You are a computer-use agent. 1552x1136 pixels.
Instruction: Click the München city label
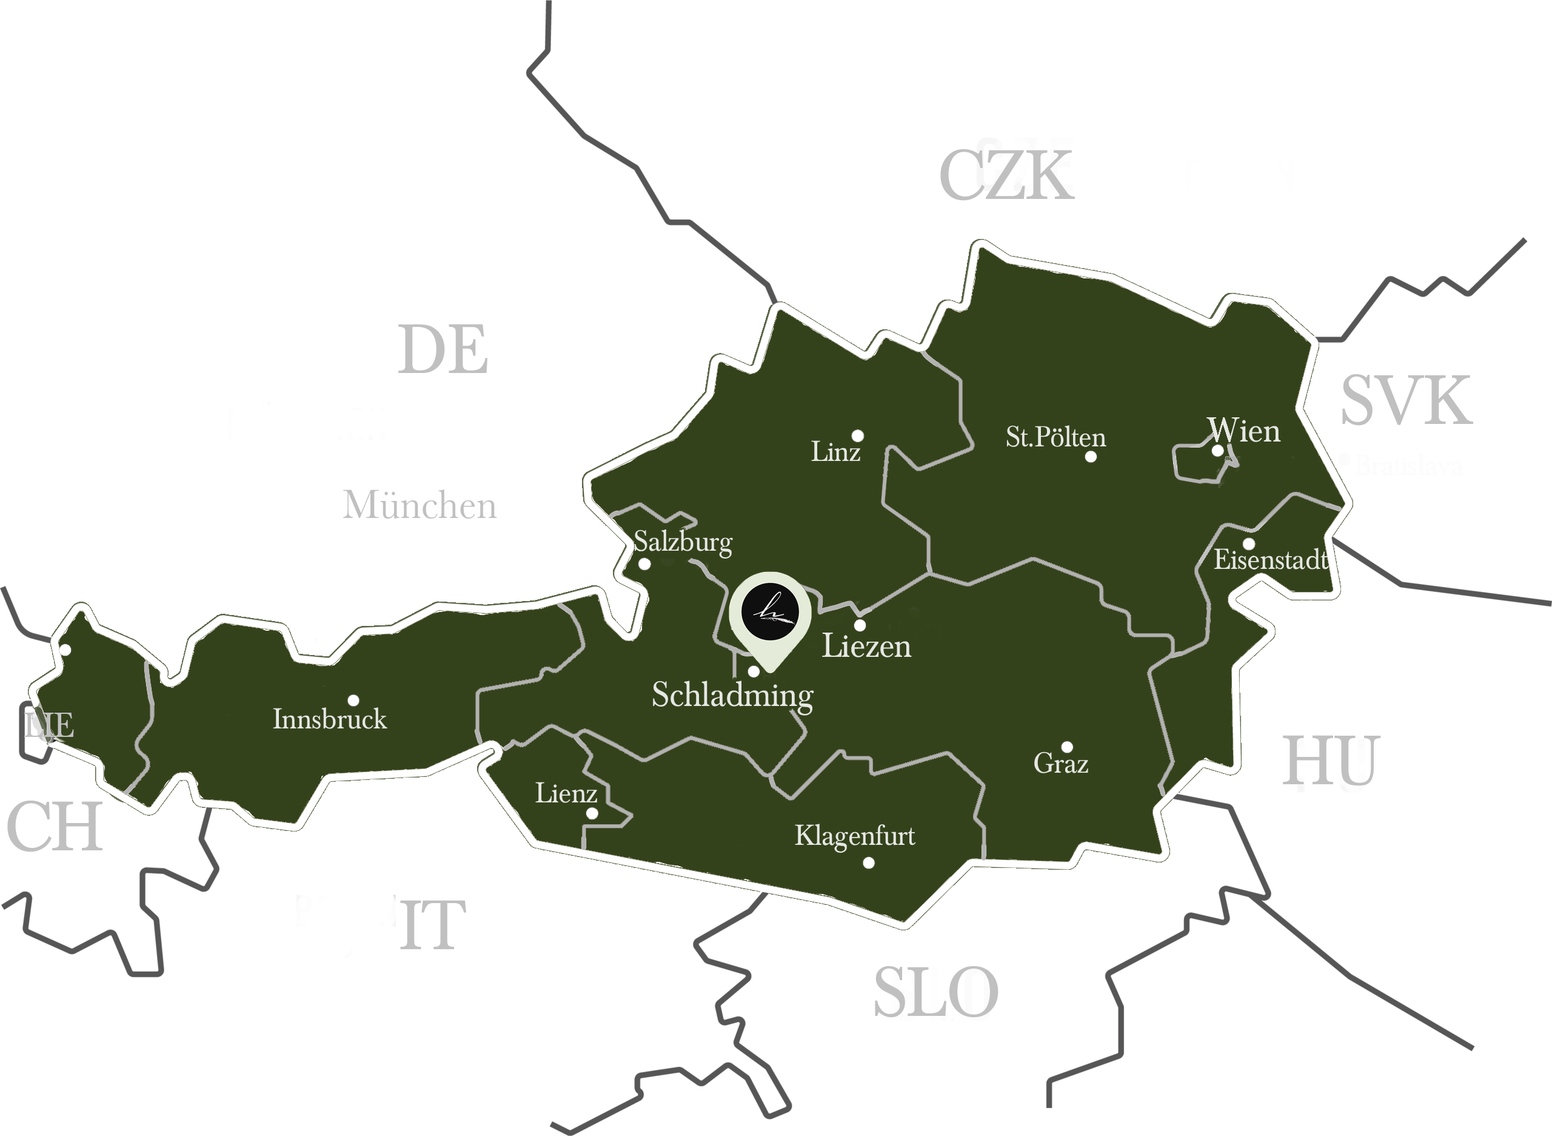pyautogui.click(x=420, y=505)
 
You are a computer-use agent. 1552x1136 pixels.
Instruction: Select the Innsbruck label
pyautogui.click(x=330, y=719)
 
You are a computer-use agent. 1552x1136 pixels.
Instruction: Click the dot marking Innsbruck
pyautogui.click(x=353, y=700)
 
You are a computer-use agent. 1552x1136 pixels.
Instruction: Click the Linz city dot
pyautogui.click(x=858, y=435)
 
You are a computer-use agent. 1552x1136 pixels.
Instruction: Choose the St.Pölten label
pyautogui.click(x=1055, y=437)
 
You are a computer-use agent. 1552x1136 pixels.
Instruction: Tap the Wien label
pyautogui.click(x=1245, y=432)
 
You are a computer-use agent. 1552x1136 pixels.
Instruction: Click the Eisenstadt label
pyautogui.click(x=1270, y=560)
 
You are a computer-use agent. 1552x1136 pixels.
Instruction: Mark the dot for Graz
pyautogui.click(x=1068, y=747)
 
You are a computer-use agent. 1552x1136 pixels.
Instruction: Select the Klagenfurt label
pyautogui.click(x=855, y=836)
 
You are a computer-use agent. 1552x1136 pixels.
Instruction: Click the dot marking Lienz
pyautogui.click(x=592, y=813)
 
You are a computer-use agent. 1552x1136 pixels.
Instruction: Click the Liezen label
pyautogui.click(x=867, y=647)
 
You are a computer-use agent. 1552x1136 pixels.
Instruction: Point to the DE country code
pyautogui.click(x=443, y=350)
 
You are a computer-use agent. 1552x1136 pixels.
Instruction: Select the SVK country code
pyautogui.click(x=1406, y=401)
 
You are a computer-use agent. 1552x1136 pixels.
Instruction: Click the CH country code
pyautogui.click(x=55, y=827)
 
